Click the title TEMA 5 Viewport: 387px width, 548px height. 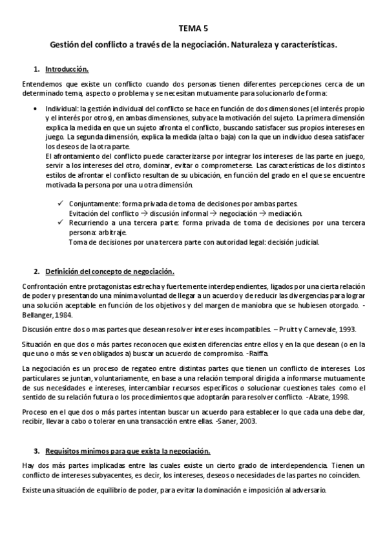[193, 28]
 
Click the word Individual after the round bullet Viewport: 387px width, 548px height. [59, 109]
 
